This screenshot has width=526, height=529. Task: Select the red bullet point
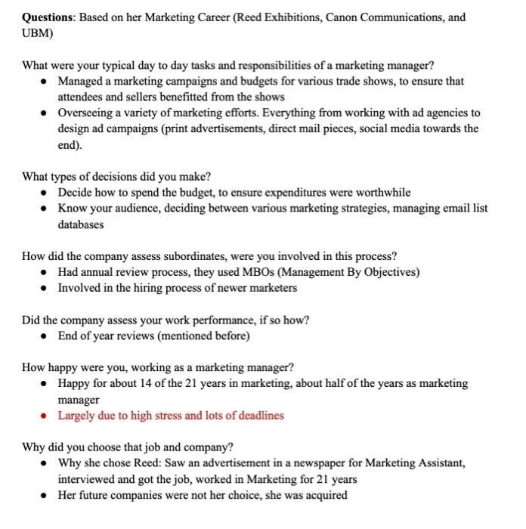[46, 416]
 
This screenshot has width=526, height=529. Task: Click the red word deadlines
[258, 416]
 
